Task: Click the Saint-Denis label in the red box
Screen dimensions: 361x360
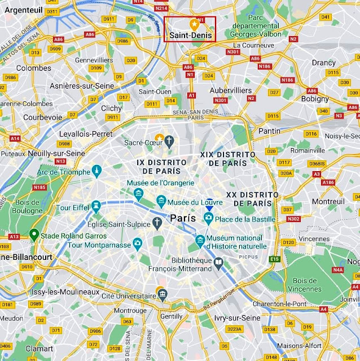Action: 190,35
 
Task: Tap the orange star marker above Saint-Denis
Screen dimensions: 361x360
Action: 194,24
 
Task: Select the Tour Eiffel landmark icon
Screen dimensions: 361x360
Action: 96,205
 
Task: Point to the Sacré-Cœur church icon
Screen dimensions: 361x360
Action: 169,139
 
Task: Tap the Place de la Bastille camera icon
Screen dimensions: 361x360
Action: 208,218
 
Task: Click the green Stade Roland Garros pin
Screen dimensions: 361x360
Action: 34,233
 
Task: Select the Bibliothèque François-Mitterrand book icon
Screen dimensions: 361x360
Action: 218,262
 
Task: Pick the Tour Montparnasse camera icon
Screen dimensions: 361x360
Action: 137,244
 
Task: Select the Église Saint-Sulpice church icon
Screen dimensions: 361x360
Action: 156,221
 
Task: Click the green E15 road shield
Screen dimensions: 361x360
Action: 275,259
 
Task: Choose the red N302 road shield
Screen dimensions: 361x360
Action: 293,219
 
